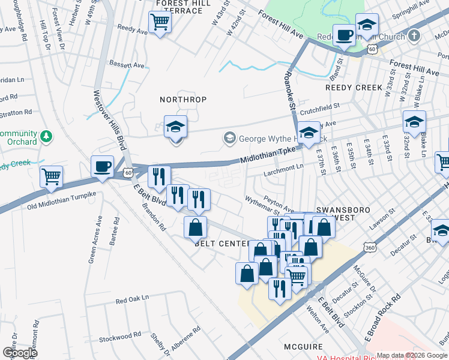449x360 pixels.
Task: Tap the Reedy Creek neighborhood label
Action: coord(354,88)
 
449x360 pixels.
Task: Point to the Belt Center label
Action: coord(221,244)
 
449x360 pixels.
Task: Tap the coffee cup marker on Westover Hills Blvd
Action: coord(102,166)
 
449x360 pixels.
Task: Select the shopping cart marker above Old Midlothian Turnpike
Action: coord(52,176)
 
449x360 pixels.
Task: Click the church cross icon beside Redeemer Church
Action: coord(414,37)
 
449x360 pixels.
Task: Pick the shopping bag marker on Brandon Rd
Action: coord(196,227)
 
